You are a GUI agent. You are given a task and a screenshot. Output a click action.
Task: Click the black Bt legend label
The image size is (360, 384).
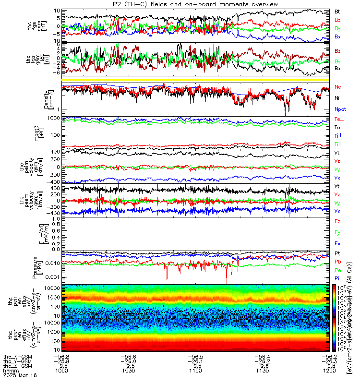coord(337,11)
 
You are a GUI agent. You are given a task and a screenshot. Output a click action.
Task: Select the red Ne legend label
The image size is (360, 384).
coord(337,88)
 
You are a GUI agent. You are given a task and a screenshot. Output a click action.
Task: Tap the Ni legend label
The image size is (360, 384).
coord(337,98)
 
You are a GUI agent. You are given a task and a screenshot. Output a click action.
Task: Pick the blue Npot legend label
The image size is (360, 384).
coord(340,108)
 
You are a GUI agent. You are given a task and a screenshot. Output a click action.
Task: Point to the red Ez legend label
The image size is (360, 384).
coord(337,221)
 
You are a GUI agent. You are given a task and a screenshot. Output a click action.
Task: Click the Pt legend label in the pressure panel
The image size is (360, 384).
coord(337,253)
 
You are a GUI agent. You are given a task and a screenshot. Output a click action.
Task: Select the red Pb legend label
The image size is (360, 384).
coord(337,262)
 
